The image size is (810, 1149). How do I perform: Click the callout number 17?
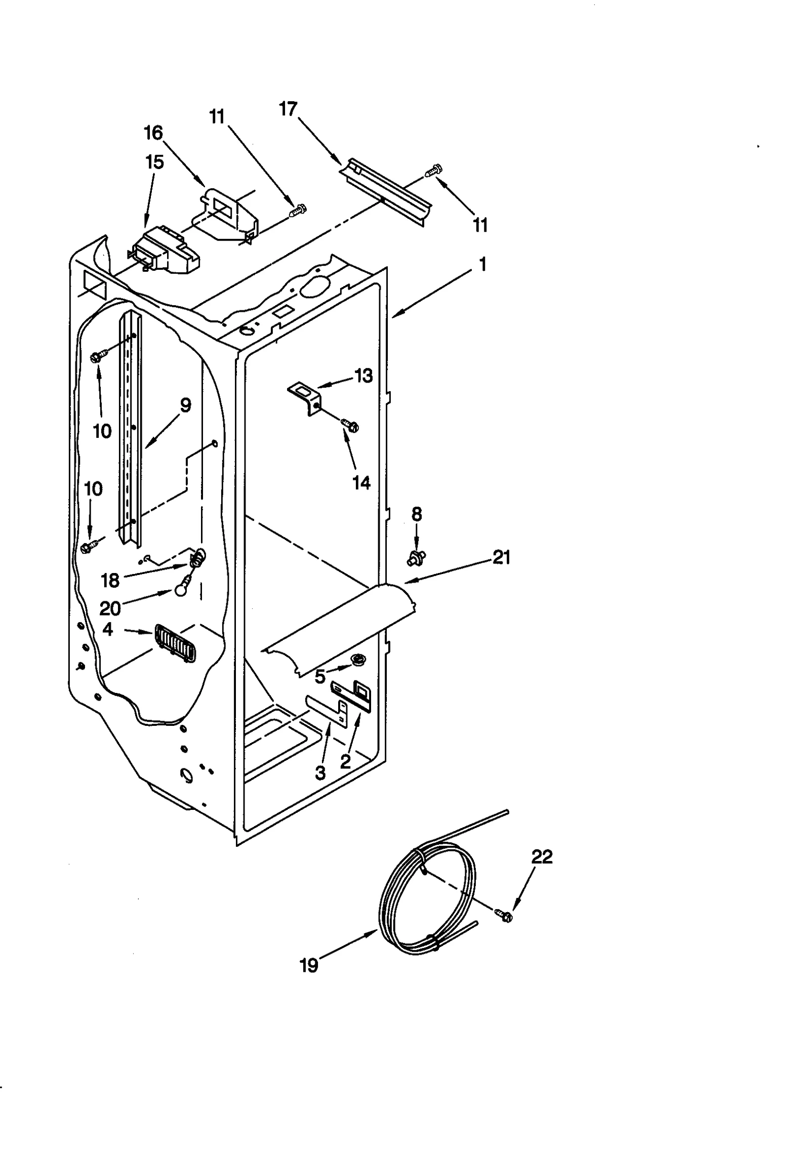click(288, 109)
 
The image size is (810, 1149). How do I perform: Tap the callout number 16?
click(153, 133)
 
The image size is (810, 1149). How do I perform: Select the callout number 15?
click(154, 162)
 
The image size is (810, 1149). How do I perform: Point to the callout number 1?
click(482, 264)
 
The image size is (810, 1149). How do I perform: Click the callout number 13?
click(363, 376)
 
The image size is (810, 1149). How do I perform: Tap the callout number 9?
click(185, 405)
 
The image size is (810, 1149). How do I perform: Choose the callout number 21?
click(501, 557)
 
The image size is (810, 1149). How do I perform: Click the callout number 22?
click(541, 857)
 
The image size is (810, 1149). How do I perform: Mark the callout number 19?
click(309, 966)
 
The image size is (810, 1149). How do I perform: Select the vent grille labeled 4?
click(175, 642)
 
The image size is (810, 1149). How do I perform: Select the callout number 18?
click(110, 581)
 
